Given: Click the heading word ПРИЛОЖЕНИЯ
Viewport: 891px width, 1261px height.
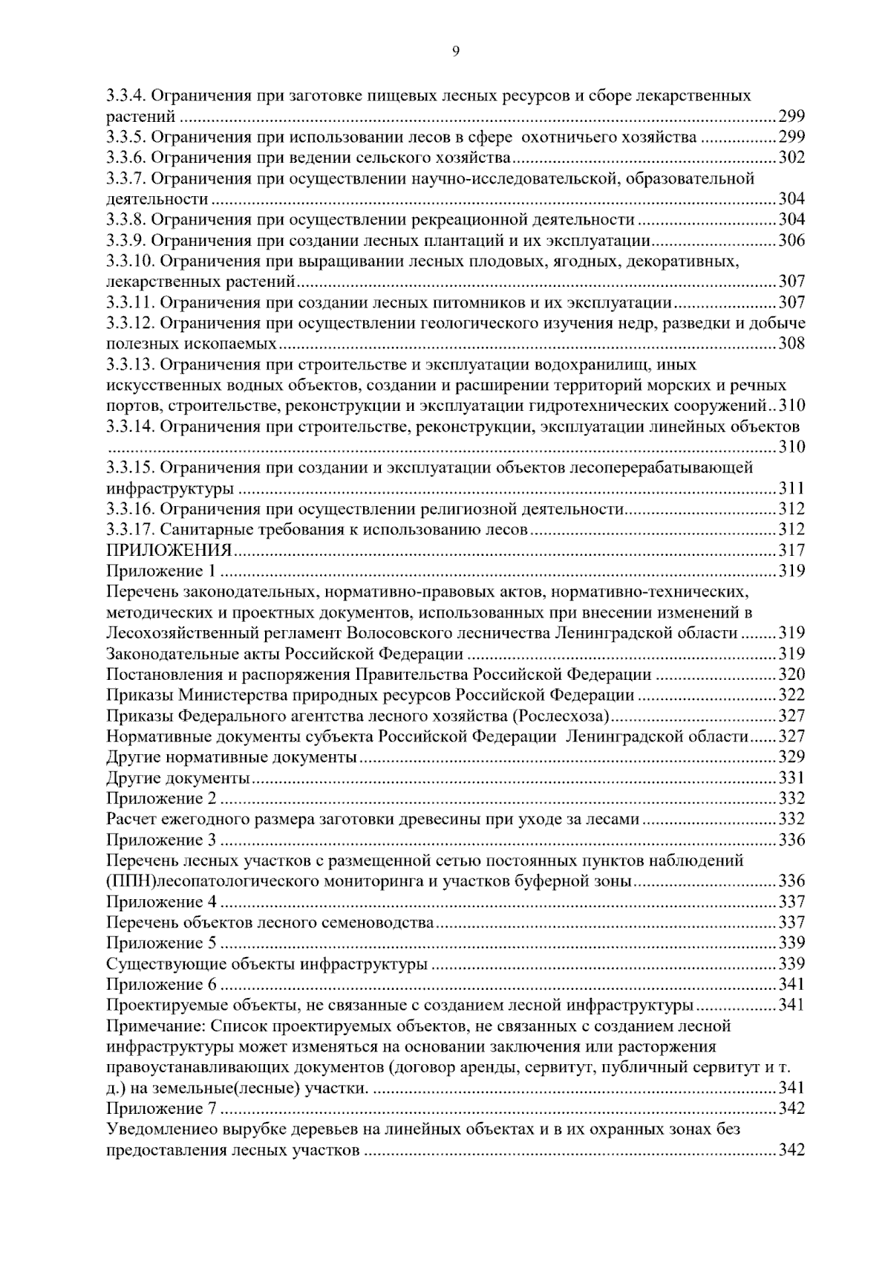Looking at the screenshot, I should (169, 551).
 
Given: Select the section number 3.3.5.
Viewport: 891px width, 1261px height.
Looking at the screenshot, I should (128, 137).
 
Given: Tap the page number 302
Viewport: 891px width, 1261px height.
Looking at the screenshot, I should (792, 158).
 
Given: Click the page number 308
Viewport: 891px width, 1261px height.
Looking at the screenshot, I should (792, 344).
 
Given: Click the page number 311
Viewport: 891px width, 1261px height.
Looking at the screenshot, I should (792, 489).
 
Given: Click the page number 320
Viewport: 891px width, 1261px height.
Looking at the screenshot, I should (792, 675).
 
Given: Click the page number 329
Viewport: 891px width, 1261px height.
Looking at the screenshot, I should (792, 757).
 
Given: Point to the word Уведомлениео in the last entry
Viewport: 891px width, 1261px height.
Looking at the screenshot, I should (161, 1130).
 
